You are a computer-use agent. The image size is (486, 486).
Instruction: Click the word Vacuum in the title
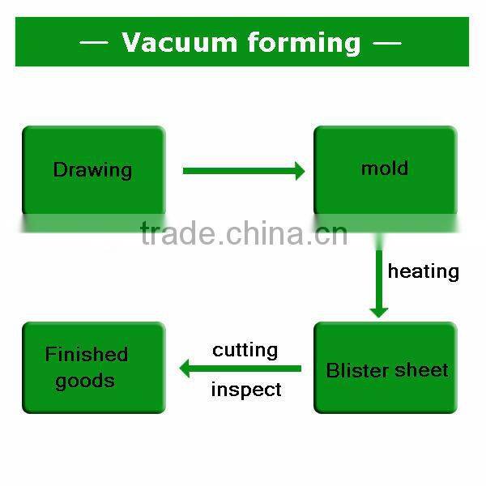coord(180,42)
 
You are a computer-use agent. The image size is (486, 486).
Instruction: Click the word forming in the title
coord(305,43)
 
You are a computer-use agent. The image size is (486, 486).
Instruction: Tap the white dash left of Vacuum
coord(94,42)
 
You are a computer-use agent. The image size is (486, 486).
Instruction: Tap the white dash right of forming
coord(387,42)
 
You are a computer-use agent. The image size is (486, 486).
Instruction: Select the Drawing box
coord(94,170)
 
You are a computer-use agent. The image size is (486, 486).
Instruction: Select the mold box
coord(386,170)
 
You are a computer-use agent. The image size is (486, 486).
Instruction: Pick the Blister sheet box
coord(386,368)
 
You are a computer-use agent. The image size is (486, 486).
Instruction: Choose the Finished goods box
coord(94,368)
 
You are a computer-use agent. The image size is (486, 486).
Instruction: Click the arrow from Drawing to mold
coord(244,171)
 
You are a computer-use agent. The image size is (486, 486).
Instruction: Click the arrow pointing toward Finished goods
coord(241,369)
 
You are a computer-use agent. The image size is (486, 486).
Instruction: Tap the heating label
coord(424,272)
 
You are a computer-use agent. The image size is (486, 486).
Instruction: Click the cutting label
coord(245,351)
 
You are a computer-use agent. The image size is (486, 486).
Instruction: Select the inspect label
coord(246,390)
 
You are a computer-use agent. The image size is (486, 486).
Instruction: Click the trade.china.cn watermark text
coord(244,232)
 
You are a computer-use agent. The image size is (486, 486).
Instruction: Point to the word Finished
coord(87,354)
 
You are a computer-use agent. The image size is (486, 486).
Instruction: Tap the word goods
coord(85,381)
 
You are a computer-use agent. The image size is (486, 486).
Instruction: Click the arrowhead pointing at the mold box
coord(300,171)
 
